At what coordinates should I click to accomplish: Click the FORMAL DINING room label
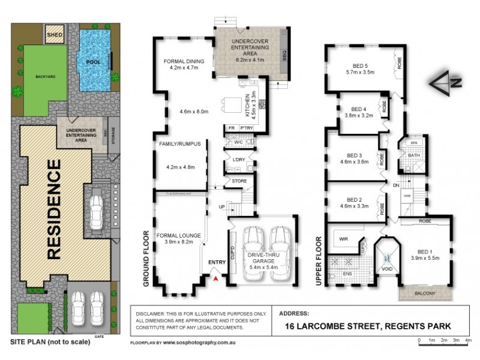tap(184, 61)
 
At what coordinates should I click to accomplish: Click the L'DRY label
tap(238, 160)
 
